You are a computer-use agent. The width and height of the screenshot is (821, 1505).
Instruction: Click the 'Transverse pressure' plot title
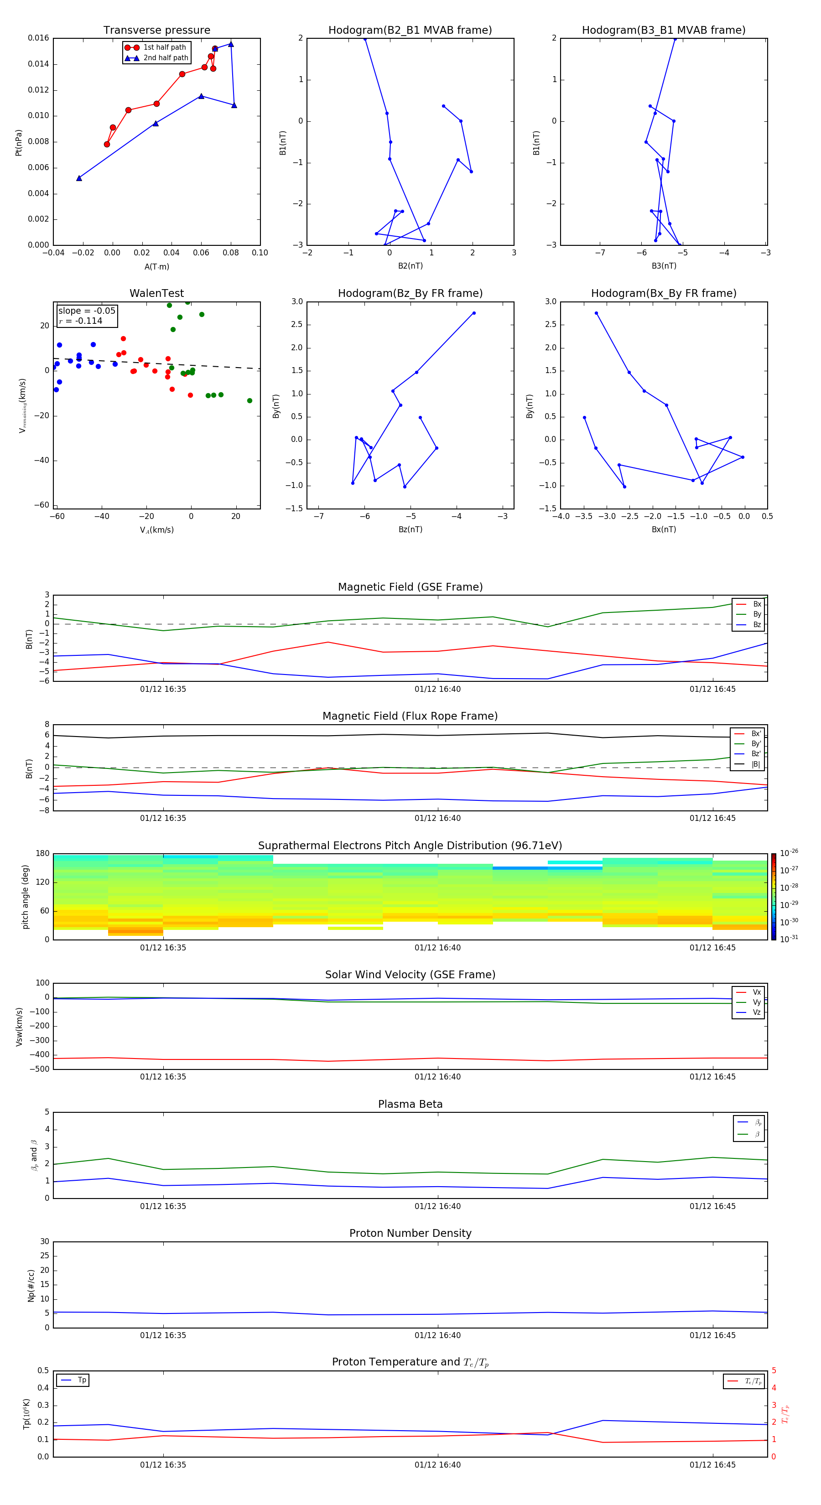[x=156, y=31]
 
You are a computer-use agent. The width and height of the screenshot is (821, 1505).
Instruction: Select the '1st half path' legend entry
[x=164, y=47]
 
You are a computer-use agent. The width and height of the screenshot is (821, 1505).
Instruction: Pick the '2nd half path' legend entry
[x=166, y=58]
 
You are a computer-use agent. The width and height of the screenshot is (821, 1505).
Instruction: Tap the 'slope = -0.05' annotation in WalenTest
[x=87, y=311]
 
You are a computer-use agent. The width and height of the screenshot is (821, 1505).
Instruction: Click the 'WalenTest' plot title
[x=156, y=293]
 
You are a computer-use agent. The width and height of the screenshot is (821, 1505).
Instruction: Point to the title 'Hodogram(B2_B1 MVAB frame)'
[x=410, y=31]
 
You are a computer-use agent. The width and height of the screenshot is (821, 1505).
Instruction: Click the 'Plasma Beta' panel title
[x=410, y=1104]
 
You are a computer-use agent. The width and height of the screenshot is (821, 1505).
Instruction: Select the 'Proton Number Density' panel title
[x=410, y=1233]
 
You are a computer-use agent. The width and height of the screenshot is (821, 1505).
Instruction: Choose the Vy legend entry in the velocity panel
[x=756, y=1002]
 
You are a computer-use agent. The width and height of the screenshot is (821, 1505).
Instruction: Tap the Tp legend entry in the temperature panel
[x=81, y=1380]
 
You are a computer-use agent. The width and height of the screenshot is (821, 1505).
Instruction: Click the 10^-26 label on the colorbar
[x=789, y=853]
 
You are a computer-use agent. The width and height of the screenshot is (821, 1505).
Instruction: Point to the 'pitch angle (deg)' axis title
[x=25, y=897]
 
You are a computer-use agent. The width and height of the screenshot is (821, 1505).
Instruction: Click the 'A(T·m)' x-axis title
[x=156, y=267]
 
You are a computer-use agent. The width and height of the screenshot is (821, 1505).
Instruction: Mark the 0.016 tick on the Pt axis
[x=39, y=38]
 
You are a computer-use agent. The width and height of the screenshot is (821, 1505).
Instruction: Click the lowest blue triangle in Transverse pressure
[x=79, y=178]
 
